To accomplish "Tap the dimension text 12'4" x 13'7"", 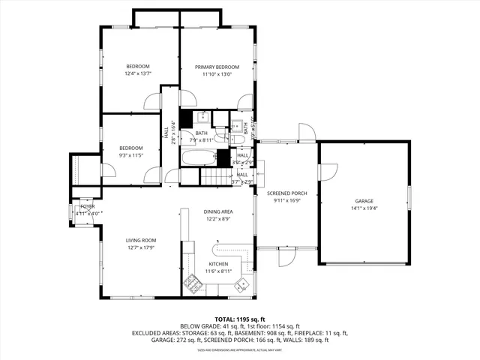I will click(138, 73).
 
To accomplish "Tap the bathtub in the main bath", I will click(199, 157).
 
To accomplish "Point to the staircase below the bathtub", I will click(212, 178).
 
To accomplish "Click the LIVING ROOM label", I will click(139, 240).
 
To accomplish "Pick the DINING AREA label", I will click(218, 211).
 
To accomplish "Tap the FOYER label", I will click(88, 206).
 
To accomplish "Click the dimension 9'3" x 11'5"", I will click(130, 156).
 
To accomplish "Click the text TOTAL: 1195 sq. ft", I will click(240, 319).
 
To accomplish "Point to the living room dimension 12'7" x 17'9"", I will click(139, 247).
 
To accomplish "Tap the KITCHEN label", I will click(218, 265).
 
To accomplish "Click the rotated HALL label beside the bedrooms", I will click(166, 132).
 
